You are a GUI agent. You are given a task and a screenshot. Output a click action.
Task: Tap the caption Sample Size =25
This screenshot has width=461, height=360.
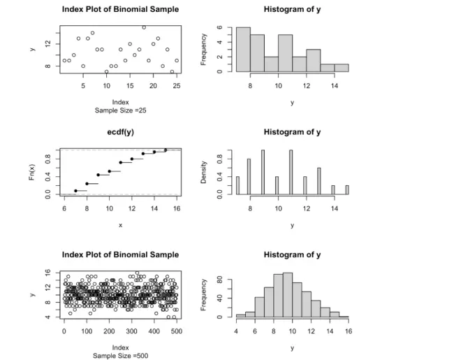[x=120, y=110]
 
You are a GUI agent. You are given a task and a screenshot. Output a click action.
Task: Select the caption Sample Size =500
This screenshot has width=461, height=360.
[x=120, y=355]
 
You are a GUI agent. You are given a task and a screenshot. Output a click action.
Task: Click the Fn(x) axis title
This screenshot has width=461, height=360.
[x=32, y=172]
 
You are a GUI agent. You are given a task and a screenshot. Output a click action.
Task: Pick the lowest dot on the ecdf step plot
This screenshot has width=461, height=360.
[x=75, y=191]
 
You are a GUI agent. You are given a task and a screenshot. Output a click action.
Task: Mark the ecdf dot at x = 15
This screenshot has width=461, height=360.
[x=166, y=150]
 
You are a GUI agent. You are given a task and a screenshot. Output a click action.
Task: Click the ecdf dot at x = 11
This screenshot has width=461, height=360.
[x=120, y=162]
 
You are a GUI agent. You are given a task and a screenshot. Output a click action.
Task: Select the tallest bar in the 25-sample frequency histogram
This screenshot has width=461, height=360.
[x=243, y=49]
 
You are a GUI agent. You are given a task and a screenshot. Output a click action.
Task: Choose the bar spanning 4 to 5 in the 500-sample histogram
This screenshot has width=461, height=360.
[x=241, y=315]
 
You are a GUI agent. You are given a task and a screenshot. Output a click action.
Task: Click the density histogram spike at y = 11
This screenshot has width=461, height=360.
[x=291, y=172]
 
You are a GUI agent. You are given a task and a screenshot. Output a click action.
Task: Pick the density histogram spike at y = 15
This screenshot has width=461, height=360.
[x=346, y=189]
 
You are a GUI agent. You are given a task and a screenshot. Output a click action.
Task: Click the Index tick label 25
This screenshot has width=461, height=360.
[x=177, y=86]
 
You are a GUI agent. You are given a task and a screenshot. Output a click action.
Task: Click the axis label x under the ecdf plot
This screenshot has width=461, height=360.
[x=120, y=225]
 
